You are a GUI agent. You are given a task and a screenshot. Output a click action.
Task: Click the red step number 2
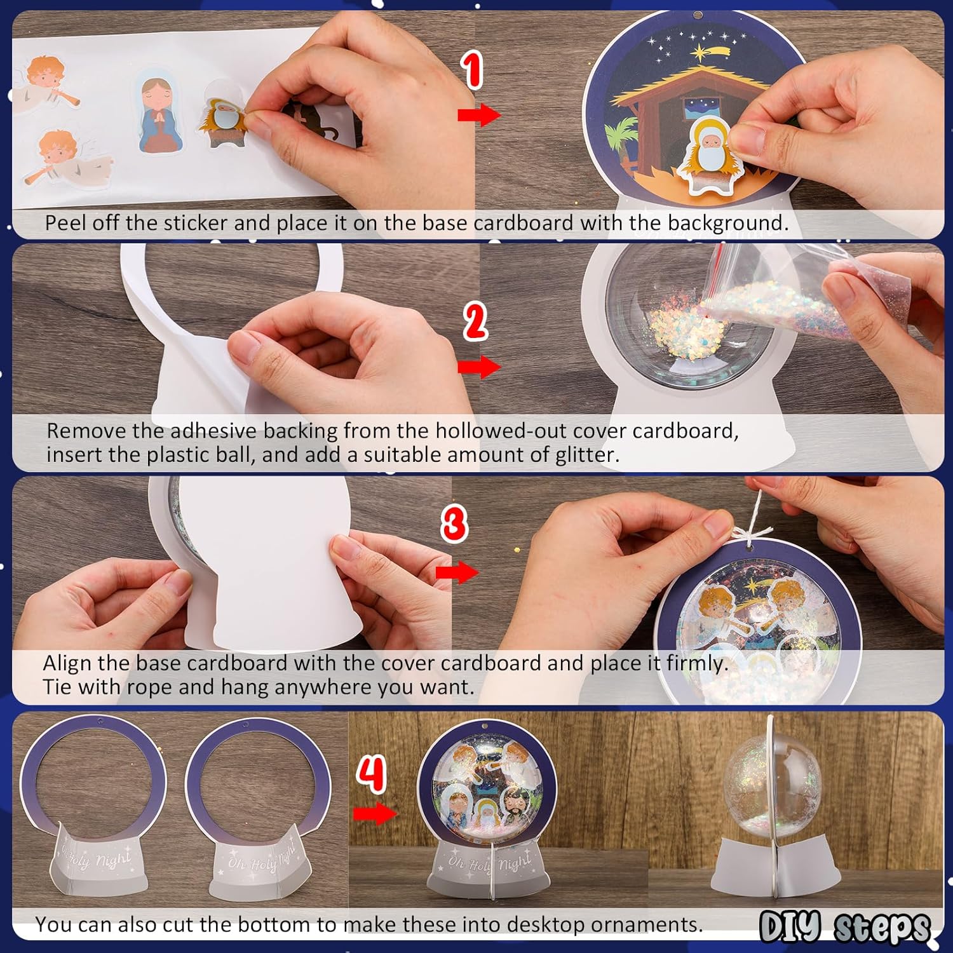click(x=475, y=321)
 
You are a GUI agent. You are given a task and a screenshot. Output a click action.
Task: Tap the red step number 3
click(x=454, y=524)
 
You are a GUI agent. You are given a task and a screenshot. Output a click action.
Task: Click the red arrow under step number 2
click(x=479, y=367)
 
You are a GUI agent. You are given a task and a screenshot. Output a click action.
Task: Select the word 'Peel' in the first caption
click(x=65, y=223)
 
